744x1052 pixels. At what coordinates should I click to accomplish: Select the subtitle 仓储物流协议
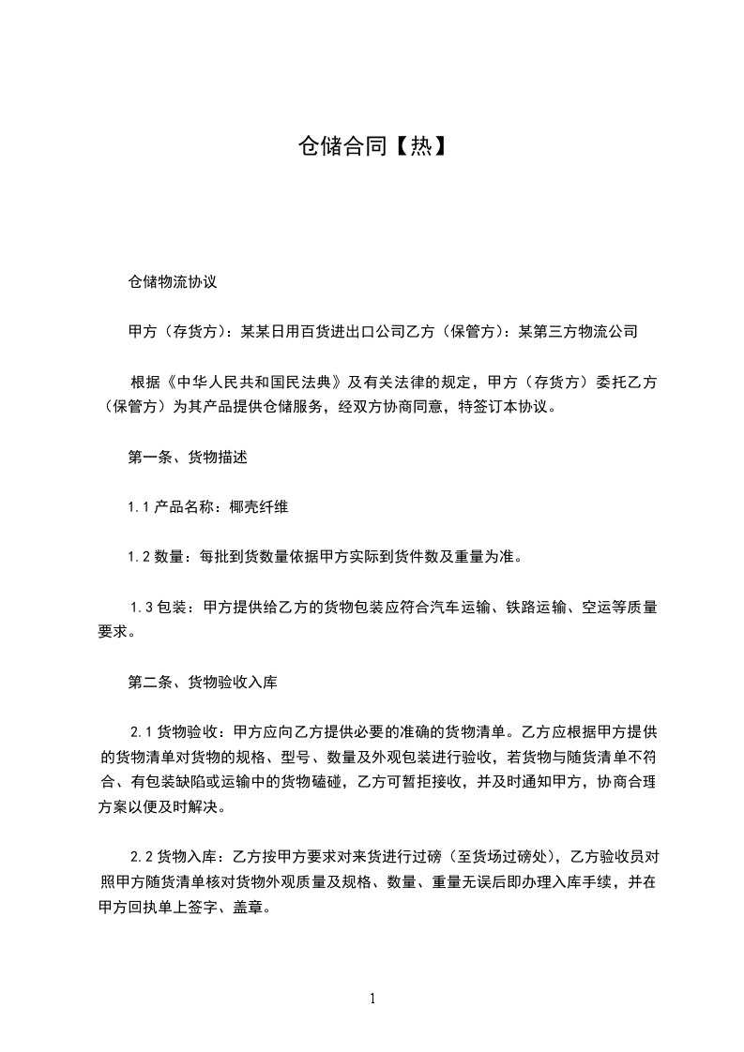[173, 280]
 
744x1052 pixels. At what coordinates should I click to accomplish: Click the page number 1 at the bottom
[372, 999]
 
